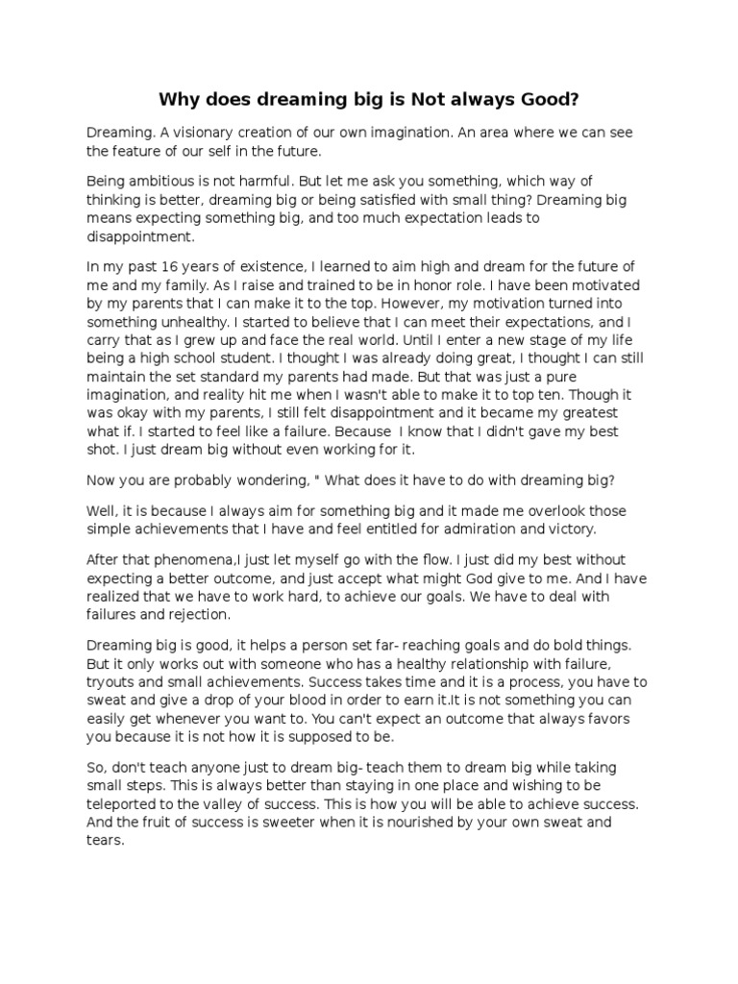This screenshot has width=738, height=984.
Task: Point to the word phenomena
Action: (x=193, y=559)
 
